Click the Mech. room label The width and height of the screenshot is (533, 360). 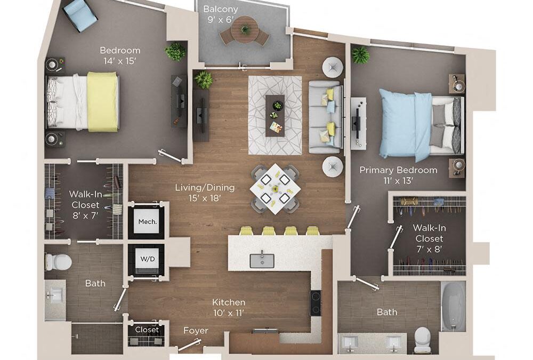pos(148,221)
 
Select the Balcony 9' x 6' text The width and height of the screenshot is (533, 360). pos(221,15)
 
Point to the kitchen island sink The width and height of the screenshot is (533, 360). pos(262,260)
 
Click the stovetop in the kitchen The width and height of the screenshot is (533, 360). pos(316,303)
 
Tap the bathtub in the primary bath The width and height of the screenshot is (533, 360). pos(453,307)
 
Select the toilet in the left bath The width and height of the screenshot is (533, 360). pos(58,261)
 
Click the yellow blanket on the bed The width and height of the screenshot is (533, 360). pos(102,101)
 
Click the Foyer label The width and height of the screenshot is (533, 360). pos(195,331)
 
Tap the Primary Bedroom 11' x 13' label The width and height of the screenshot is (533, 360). pos(398,175)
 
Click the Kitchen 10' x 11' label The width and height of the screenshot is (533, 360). pos(228,307)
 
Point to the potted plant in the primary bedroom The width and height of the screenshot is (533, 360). pos(360,55)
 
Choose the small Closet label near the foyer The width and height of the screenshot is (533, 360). pos(147,330)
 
